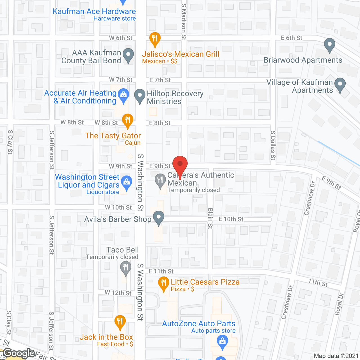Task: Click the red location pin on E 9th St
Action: coord(180,165)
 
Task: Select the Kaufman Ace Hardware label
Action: coord(94,12)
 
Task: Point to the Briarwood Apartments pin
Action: coord(329,45)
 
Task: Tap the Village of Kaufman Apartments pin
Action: coord(340,84)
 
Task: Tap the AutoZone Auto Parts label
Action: coord(199,324)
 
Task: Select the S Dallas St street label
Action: coord(273,146)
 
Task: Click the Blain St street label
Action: coord(210,218)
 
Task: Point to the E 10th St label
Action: coord(231,219)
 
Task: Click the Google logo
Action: coord(19,353)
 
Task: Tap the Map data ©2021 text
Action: coord(336,356)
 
